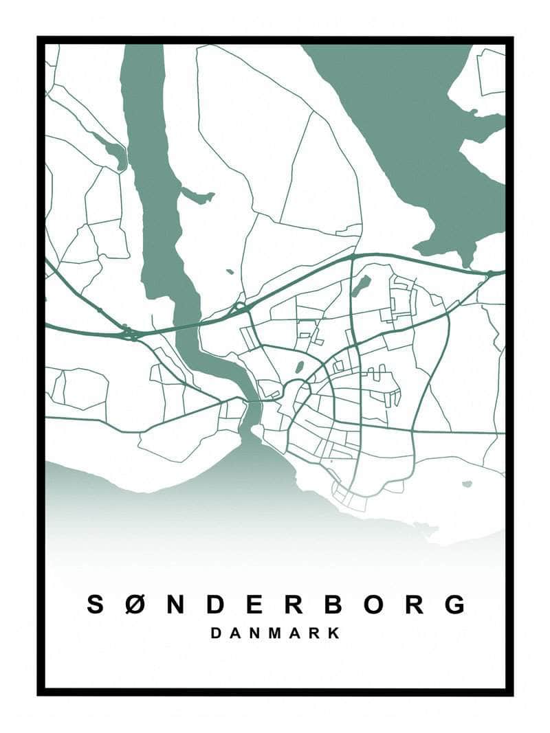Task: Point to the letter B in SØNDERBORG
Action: (x=333, y=605)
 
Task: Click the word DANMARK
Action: (x=275, y=633)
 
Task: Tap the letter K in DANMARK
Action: (x=334, y=633)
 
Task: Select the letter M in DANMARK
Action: (x=275, y=633)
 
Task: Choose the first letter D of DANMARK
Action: (x=216, y=633)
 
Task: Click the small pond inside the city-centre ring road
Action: (x=300, y=367)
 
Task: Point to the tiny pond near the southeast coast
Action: (x=467, y=484)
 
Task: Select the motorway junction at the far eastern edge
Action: (x=489, y=274)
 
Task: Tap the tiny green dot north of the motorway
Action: (x=229, y=272)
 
